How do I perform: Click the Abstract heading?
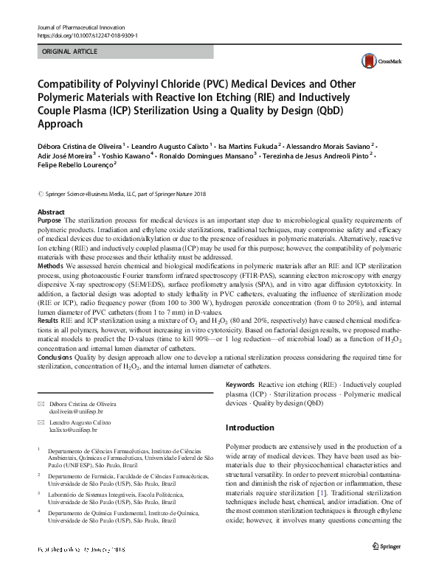point(51,212)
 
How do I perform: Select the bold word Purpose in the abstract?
point(49,220)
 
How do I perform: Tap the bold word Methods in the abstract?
point(49,264)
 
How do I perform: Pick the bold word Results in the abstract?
point(47,322)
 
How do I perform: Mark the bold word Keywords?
point(239,385)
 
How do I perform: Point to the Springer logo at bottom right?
point(388,545)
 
